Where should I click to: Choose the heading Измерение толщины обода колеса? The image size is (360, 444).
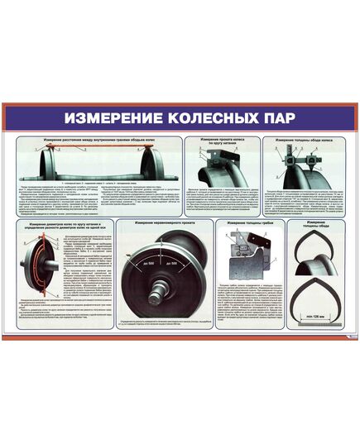pyautogui.click(x=303, y=141)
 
